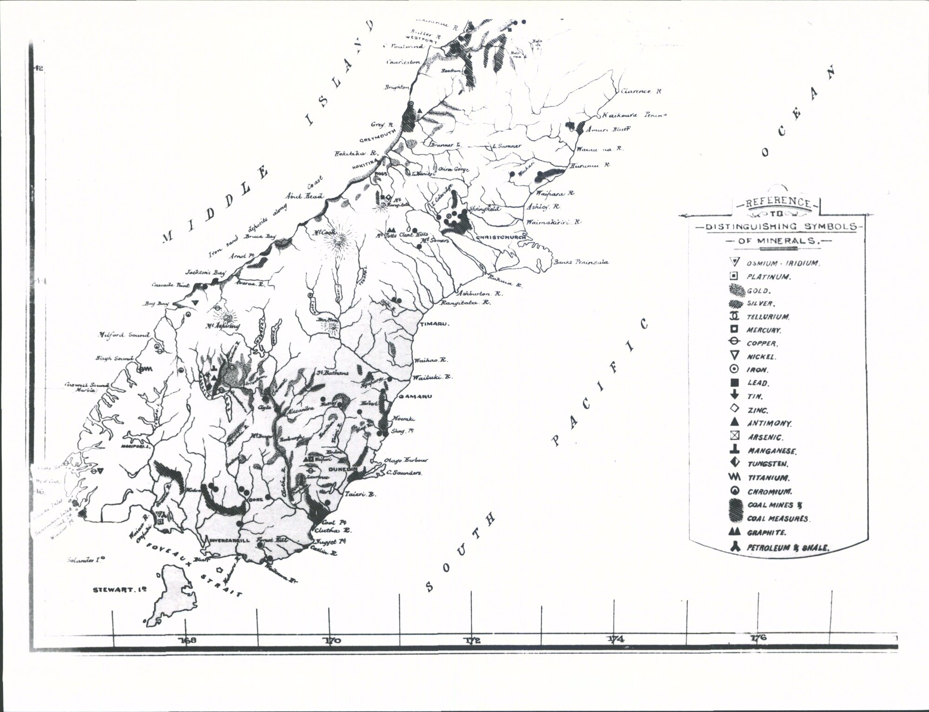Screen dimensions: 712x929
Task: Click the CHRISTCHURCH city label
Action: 501,237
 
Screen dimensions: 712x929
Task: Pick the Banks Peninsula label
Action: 580,262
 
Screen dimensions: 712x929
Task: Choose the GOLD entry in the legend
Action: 759,291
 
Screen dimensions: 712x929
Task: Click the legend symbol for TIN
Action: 735,396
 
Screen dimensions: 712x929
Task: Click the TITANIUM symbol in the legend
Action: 735,477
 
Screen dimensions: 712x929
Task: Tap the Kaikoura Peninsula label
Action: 634,115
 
